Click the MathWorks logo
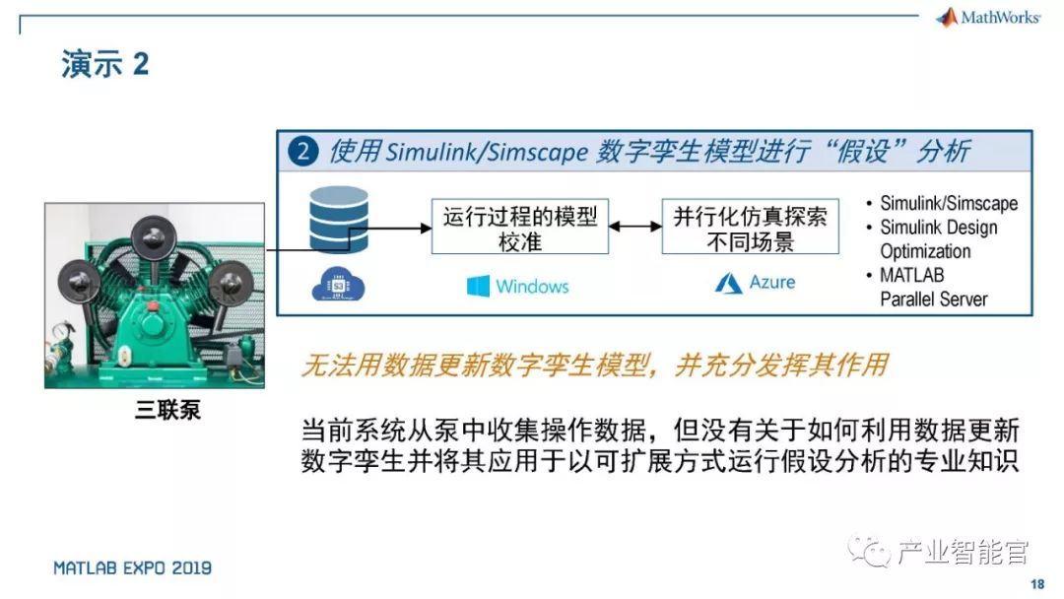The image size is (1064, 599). pos(988,18)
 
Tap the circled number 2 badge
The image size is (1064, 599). pos(302,152)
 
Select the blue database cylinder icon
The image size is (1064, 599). pos(338,219)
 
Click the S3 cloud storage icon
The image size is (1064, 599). pos(338,285)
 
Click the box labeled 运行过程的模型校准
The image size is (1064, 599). pos(520,228)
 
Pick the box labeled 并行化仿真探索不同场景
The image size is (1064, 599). pos(750,228)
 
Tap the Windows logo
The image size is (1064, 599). pos(479,286)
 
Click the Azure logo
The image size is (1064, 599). pos(729,283)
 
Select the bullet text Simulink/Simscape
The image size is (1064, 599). pos(948,203)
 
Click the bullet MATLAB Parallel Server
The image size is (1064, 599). pos(932,287)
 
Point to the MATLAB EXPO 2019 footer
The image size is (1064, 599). pos(132,568)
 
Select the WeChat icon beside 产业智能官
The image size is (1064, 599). pos(872,551)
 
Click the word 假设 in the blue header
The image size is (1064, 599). pos(857,152)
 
